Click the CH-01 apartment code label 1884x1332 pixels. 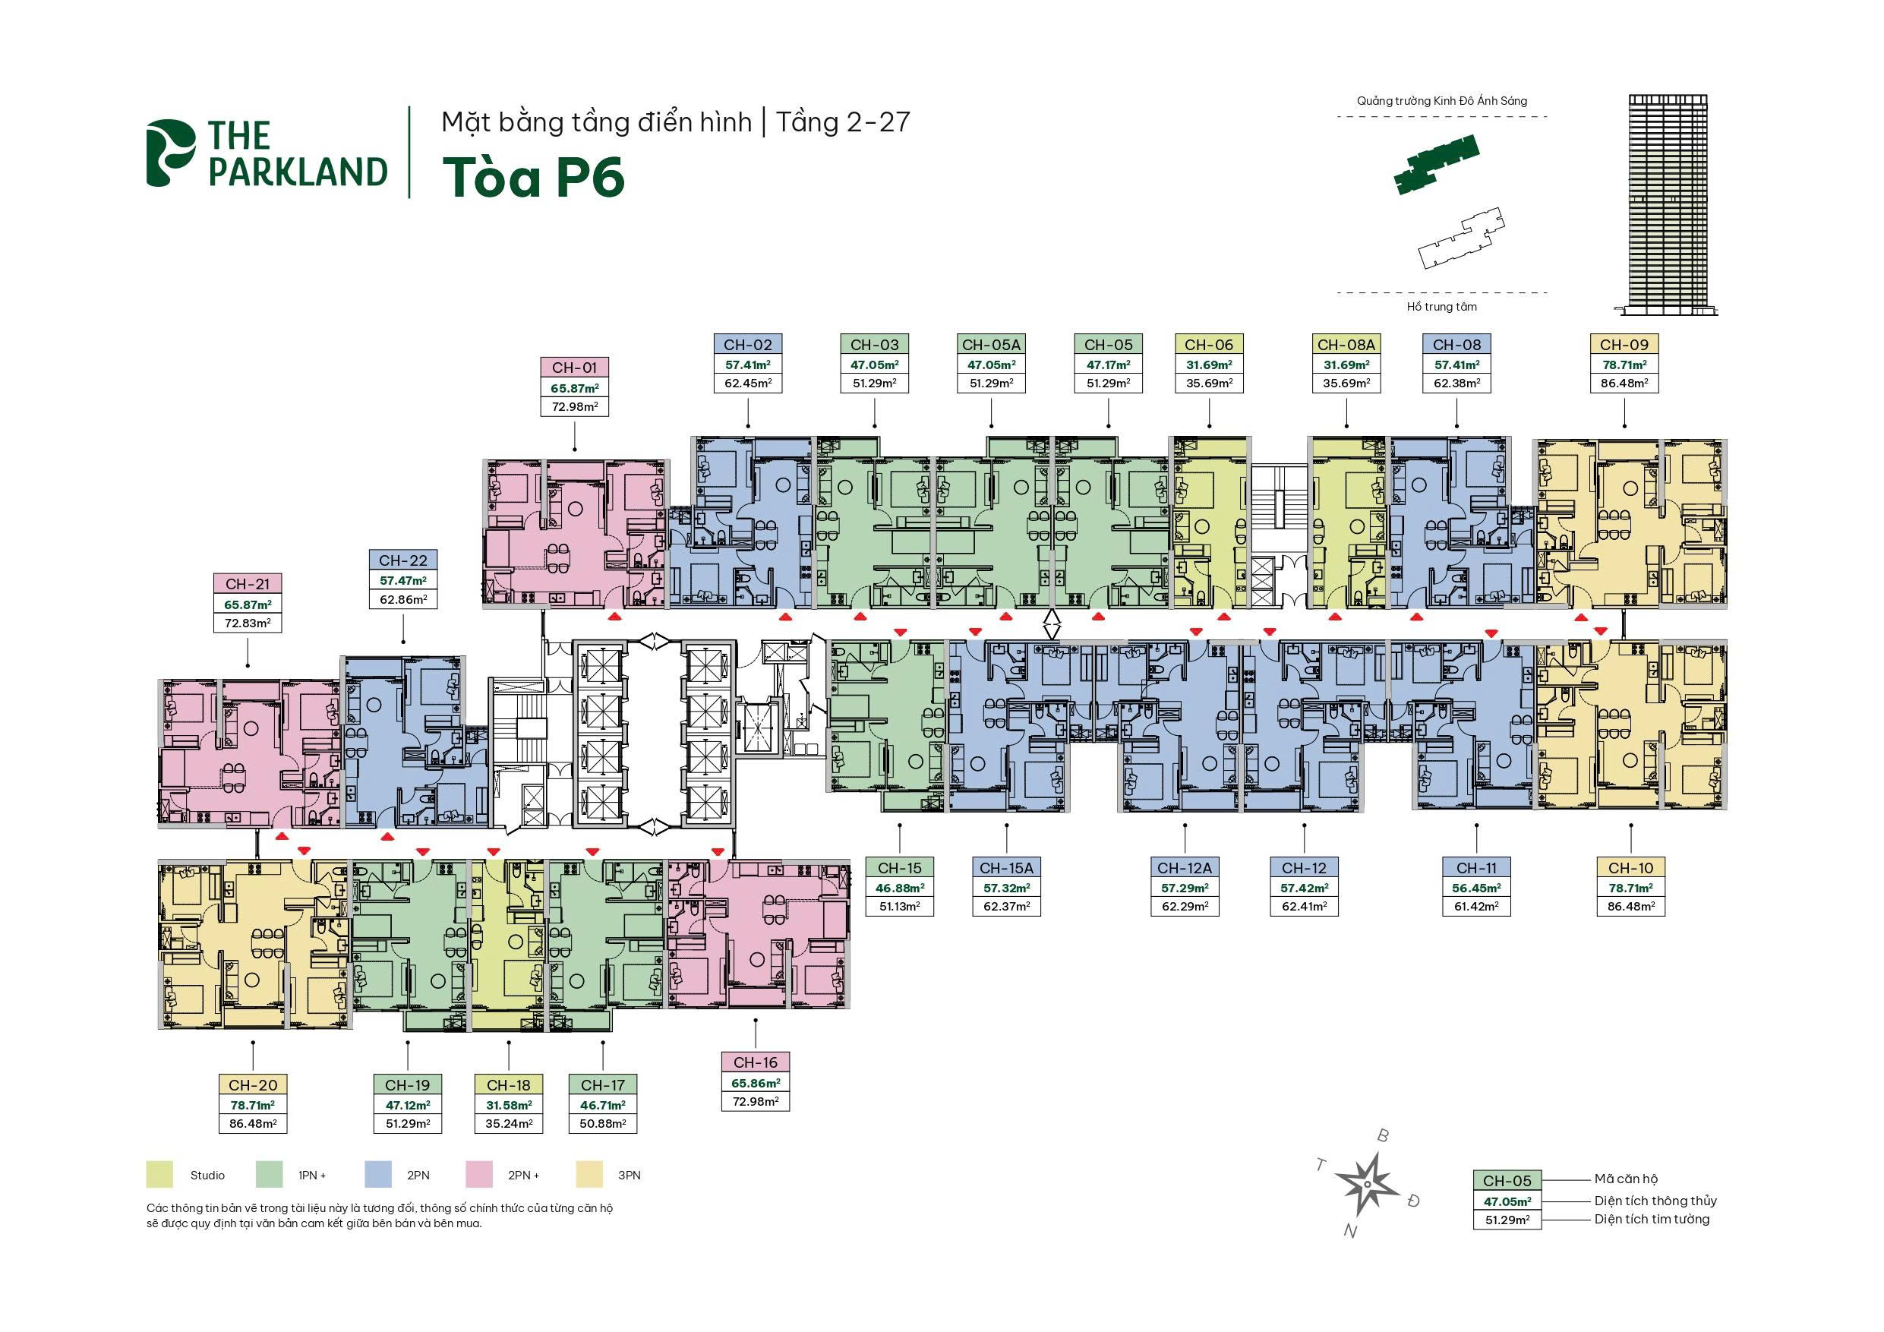pos(574,368)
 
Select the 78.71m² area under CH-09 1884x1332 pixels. pos(1625,365)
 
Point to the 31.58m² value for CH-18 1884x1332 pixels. pos(509,1106)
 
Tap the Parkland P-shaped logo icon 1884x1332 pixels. pos(171,153)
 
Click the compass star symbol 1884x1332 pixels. pos(1367,1184)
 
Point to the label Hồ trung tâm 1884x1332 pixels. pos(1442,307)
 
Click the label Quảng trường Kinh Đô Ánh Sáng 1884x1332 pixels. pos(1442,101)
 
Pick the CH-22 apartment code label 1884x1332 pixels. pos(403,560)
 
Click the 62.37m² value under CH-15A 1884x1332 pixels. pos(1007,907)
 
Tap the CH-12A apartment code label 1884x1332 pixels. pos(1184,867)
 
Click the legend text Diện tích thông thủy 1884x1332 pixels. pos(1656,1201)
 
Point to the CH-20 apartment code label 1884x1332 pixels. pos(253,1085)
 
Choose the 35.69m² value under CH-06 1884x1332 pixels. pos(1210,384)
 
